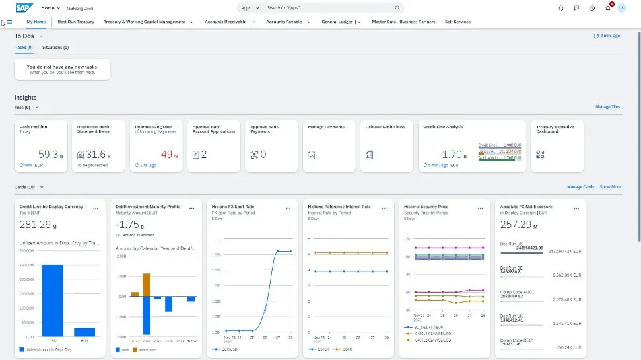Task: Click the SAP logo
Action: tap(24, 8)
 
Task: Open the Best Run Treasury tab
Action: tap(76, 22)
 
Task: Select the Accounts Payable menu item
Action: tap(284, 22)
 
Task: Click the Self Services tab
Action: tap(457, 22)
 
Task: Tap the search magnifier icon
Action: tap(397, 8)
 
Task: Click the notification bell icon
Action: tap(607, 8)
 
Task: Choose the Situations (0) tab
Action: tap(55, 48)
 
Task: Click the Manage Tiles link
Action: tap(607, 106)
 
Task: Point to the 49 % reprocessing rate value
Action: tap(166, 155)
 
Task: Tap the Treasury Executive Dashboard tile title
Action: tap(555, 129)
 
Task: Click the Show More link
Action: tap(610, 187)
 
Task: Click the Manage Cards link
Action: tap(580, 187)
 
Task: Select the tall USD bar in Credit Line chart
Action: tap(52, 301)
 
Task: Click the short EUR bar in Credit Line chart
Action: tap(84, 332)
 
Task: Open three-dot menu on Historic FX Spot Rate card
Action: tap(288, 208)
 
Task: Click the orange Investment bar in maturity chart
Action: tap(147, 285)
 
